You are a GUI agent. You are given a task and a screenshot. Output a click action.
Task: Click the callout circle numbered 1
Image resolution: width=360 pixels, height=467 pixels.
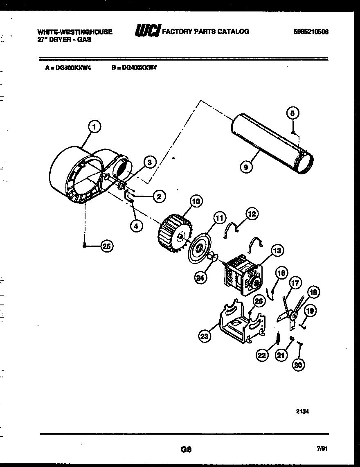(94, 127)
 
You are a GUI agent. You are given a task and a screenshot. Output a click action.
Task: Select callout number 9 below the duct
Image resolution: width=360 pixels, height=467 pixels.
(245, 167)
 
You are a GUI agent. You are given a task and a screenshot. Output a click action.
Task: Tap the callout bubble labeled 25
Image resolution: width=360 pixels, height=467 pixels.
(107, 246)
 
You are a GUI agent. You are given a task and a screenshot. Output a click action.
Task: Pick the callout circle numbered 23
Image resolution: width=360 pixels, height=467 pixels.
(204, 336)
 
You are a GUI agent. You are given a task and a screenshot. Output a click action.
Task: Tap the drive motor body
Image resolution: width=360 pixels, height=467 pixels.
(241, 273)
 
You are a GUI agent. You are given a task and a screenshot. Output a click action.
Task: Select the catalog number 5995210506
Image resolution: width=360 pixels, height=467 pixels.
(311, 32)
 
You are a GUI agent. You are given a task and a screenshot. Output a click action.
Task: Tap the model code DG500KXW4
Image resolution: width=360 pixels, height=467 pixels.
(73, 68)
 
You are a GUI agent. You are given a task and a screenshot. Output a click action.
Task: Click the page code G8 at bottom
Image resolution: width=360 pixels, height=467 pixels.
(186, 449)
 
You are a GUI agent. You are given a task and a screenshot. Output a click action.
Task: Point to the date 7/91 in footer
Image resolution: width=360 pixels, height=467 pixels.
(322, 449)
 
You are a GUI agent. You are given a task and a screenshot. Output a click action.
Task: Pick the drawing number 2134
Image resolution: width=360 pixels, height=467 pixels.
(302, 402)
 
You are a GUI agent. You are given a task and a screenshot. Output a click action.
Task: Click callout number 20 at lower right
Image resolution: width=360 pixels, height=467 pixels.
(299, 365)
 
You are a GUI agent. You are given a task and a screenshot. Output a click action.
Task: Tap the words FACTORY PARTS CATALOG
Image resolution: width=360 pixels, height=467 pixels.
(206, 32)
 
